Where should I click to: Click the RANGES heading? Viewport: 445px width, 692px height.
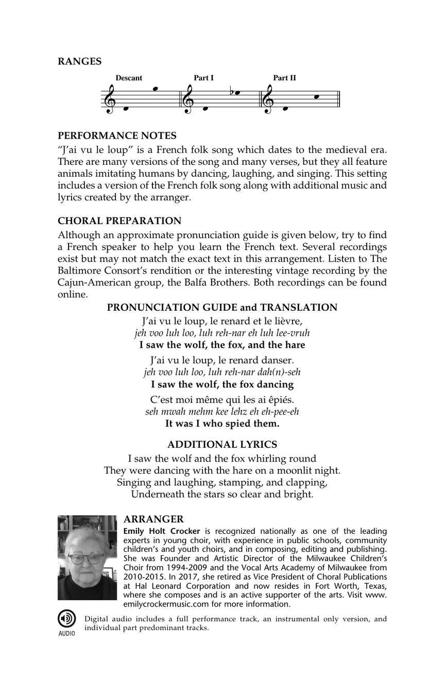point(79,61)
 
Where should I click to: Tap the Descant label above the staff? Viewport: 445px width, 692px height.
point(129,78)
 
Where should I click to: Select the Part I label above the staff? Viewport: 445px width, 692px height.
point(203,78)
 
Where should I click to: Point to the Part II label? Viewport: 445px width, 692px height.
point(284,78)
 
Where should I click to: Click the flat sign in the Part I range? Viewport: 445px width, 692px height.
point(233,92)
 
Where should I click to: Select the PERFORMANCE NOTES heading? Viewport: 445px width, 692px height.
point(117,136)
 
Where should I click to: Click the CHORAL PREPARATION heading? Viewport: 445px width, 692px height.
point(119,221)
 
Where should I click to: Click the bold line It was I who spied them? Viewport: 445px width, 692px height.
point(222,424)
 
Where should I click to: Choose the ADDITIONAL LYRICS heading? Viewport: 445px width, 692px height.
point(222,444)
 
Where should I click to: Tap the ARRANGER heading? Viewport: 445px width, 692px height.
point(154,519)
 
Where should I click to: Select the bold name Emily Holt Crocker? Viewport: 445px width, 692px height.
point(162,531)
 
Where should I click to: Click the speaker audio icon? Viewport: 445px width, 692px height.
point(66,618)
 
